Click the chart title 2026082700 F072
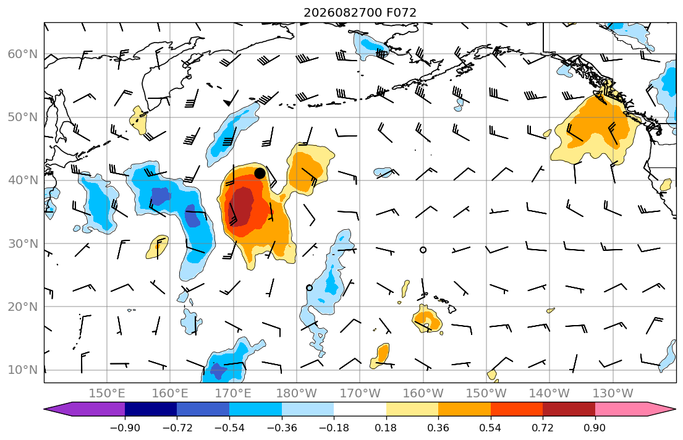click(360, 12)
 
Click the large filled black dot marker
click(260, 174)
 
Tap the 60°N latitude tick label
click(23, 54)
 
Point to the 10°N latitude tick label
click(23, 370)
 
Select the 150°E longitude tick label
click(107, 394)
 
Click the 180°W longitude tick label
click(297, 394)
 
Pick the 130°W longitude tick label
click(613, 394)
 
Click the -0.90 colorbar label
click(125, 428)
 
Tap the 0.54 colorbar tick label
click(491, 428)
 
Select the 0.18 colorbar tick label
click(386, 428)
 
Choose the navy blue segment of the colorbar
click(151, 409)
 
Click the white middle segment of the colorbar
click(360, 409)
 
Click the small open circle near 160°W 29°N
click(423, 250)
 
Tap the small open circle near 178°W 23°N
click(309, 288)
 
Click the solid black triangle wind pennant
click(228, 103)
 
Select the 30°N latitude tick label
click(23, 243)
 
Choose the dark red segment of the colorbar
click(569, 409)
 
